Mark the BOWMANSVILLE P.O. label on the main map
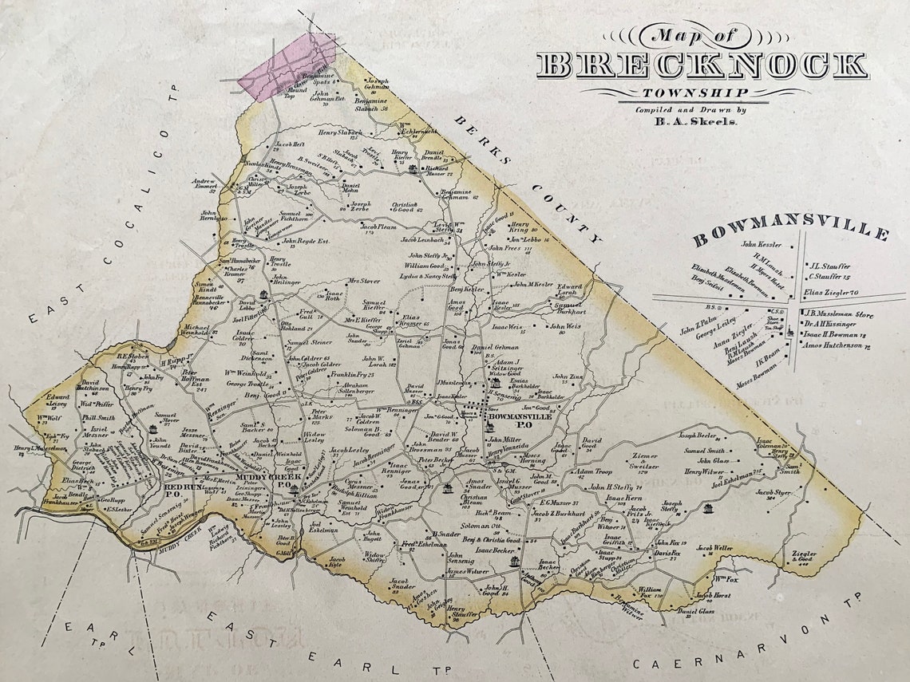click(x=520, y=420)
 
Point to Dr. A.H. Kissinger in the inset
click(x=837, y=325)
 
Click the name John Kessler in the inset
click(x=761, y=245)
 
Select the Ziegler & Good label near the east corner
click(x=803, y=556)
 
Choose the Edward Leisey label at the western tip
click(x=58, y=398)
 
